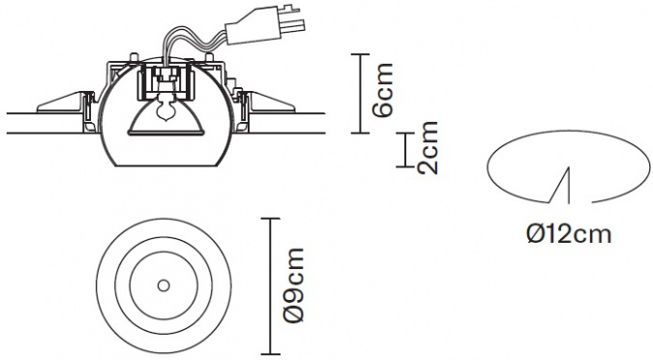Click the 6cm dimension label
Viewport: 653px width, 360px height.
pyautogui.click(x=383, y=90)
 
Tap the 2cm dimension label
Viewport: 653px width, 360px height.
pyautogui.click(x=429, y=147)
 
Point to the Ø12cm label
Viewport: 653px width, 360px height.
pyautogui.click(x=569, y=234)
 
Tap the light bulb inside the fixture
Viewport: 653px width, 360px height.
pyautogui.click(x=163, y=108)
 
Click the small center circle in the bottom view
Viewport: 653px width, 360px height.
pyautogui.click(x=163, y=285)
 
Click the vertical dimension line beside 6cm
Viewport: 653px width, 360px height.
pyautogui.click(x=360, y=93)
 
